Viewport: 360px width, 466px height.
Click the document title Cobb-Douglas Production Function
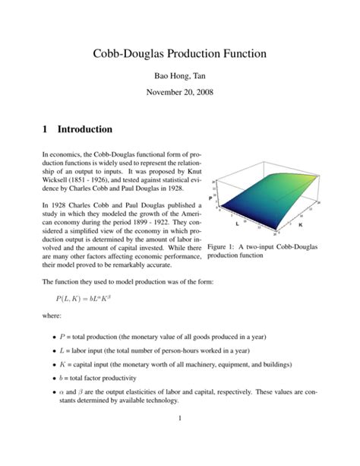click(180, 55)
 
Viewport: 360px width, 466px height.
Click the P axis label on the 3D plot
click(209, 198)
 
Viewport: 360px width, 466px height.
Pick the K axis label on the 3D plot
click(300, 225)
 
